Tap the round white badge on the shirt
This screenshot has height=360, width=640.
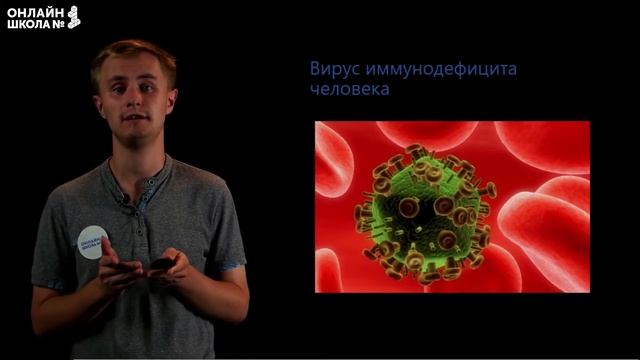pyautogui.click(x=92, y=242)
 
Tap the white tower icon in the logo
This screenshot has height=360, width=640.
pyautogui.click(x=74, y=16)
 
